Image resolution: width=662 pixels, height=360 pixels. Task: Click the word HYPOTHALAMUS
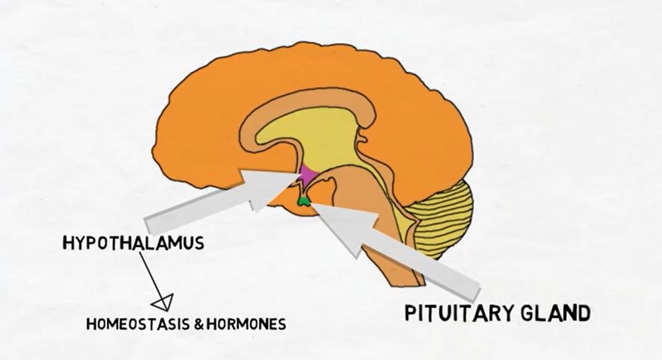(133, 243)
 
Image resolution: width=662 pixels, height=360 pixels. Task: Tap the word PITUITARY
(455, 313)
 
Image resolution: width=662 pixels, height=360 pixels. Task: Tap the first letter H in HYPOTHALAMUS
(67, 243)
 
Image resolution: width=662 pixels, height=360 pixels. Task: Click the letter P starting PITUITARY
(411, 314)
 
